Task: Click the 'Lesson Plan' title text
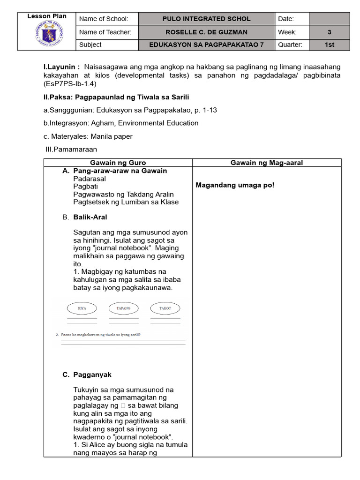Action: (x=47, y=16)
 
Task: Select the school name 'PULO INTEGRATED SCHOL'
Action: (x=206, y=19)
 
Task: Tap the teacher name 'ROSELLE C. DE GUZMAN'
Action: (x=206, y=32)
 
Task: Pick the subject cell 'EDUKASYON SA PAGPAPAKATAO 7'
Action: (x=206, y=45)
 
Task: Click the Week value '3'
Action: (x=329, y=32)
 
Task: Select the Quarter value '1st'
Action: (x=329, y=45)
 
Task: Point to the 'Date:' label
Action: (x=286, y=19)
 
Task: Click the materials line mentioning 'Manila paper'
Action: (x=88, y=136)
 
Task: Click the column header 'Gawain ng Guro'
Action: (x=118, y=163)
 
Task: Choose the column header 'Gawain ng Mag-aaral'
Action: (x=266, y=163)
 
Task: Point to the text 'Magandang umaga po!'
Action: (x=235, y=185)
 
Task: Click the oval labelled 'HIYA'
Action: (x=82, y=308)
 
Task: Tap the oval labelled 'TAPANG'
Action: (x=123, y=308)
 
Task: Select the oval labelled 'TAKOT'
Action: (x=165, y=308)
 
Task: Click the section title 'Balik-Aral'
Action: (x=90, y=217)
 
